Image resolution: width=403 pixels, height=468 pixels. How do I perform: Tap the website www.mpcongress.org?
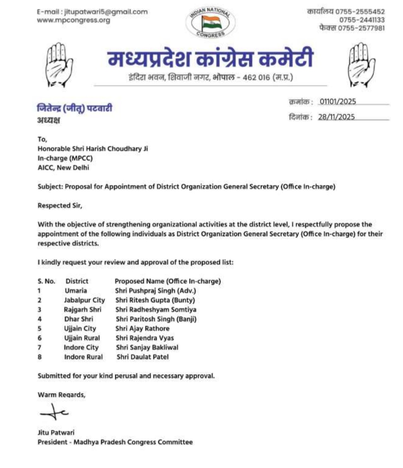pyautogui.click(x=74, y=20)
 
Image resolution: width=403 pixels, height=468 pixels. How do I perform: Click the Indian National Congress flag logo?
pyautogui.click(x=211, y=23)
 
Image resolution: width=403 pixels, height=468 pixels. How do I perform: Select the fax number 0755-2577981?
pyautogui.click(x=361, y=28)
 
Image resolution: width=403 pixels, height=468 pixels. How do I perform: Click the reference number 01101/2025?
pyautogui.click(x=338, y=101)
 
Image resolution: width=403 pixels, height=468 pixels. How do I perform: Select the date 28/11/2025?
pyautogui.click(x=336, y=117)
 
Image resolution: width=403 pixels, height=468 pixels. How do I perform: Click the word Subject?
pyautogui.click(x=50, y=186)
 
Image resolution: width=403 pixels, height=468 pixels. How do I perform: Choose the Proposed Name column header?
pyautogui.click(x=168, y=281)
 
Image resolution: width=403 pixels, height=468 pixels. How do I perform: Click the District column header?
pyautogui.click(x=77, y=281)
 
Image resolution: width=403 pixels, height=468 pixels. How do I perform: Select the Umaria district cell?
pyautogui.click(x=76, y=290)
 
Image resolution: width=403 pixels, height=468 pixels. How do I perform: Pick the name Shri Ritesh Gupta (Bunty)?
pyautogui.click(x=155, y=300)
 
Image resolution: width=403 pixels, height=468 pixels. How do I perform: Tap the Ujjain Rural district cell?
pyautogui.click(x=82, y=338)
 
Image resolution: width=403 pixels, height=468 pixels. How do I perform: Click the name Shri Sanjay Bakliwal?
pyautogui.click(x=147, y=348)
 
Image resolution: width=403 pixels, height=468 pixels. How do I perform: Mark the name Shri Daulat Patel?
pyautogui.click(x=143, y=357)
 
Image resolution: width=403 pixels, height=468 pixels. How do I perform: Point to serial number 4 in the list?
pyautogui.click(x=40, y=319)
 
